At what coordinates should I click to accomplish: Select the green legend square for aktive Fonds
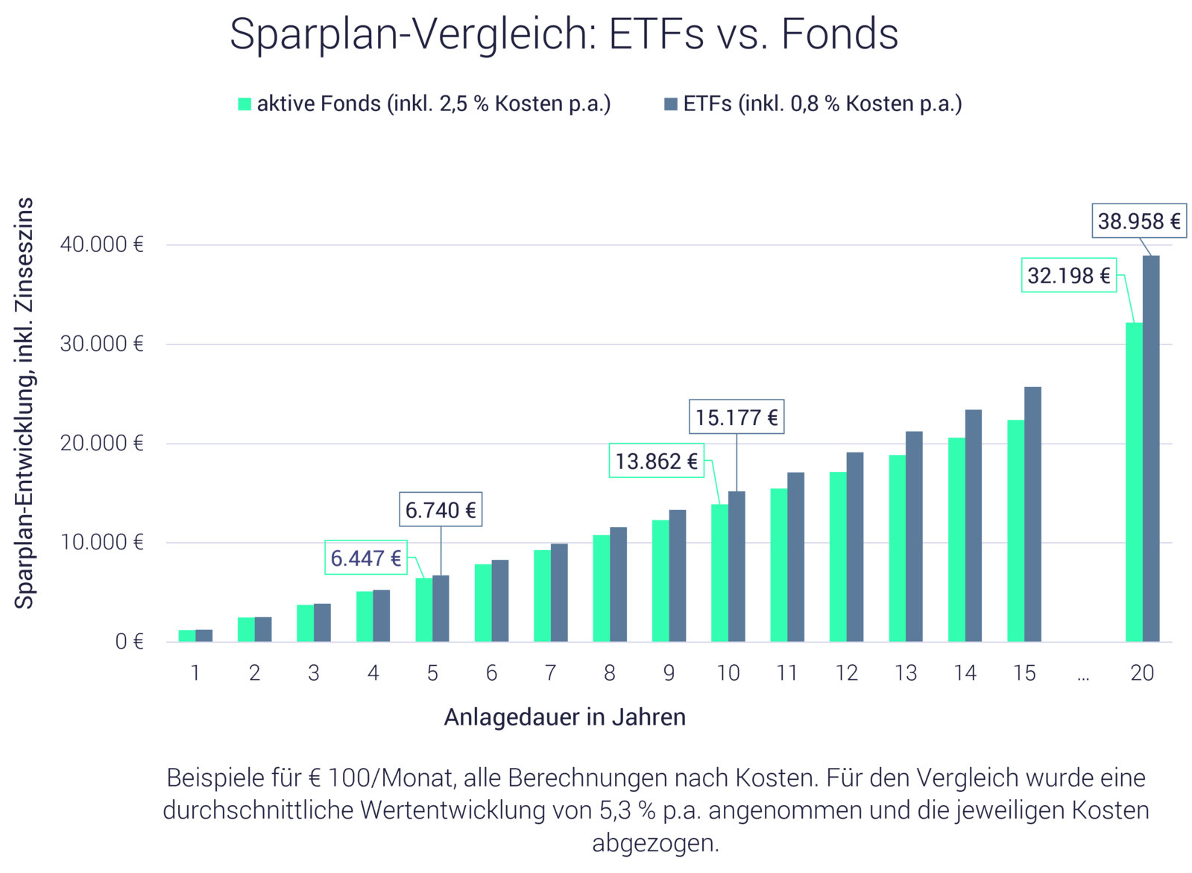245,104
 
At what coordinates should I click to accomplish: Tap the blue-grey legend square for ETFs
671,104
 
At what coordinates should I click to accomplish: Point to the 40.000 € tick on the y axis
102,245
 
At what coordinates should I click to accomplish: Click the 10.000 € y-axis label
102,542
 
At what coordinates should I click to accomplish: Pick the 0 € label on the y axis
128,641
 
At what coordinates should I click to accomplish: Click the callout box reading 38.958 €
1138,221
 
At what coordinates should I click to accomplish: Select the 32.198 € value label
1068,275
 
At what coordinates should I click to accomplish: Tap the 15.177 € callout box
736,417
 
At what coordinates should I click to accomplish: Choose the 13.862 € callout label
656,461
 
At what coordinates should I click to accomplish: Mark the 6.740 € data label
440,510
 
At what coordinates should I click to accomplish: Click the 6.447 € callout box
365,558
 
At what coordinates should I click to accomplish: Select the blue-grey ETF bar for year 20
1151,447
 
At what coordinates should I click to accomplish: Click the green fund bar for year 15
1015,530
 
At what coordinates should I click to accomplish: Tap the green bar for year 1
186,634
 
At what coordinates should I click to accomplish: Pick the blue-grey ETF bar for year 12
855,546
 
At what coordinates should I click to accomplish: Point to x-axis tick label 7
550,673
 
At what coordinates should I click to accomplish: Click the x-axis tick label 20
1141,673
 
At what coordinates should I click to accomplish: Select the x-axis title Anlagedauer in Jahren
564,717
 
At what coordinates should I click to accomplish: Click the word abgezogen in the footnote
655,844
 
